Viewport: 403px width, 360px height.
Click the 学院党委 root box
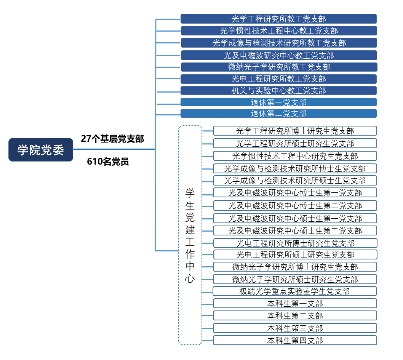click(x=41, y=150)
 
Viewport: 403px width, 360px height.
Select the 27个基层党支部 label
click(x=112, y=139)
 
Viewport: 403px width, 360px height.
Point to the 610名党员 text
click(x=108, y=162)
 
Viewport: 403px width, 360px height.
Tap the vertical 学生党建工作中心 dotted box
click(x=190, y=235)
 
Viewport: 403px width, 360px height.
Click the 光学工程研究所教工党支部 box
click(x=278, y=19)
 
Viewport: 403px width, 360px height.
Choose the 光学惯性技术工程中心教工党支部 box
click(x=279, y=30)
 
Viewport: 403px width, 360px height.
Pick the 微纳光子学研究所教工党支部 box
click(x=279, y=67)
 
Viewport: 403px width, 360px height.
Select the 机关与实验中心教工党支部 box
click(x=278, y=90)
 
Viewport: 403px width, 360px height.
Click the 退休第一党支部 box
click(x=278, y=102)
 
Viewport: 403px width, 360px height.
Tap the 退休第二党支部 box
click(x=278, y=113)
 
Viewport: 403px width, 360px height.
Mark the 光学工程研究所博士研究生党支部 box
click(x=295, y=131)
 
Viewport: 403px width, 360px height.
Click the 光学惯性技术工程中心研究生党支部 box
click(x=295, y=156)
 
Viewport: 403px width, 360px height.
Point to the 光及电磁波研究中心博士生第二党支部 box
click(x=295, y=206)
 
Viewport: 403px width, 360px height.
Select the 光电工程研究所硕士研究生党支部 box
click(x=296, y=254)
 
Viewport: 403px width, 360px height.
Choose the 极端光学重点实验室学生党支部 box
click(x=295, y=291)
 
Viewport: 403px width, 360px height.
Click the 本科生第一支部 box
click(x=295, y=304)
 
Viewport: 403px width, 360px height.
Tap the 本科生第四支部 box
click(x=295, y=341)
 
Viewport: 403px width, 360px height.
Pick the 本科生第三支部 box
click(x=295, y=328)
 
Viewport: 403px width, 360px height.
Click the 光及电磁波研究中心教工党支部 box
click(x=279, y=55)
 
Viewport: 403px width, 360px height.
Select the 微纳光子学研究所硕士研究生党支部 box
click(x=295, y=279)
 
